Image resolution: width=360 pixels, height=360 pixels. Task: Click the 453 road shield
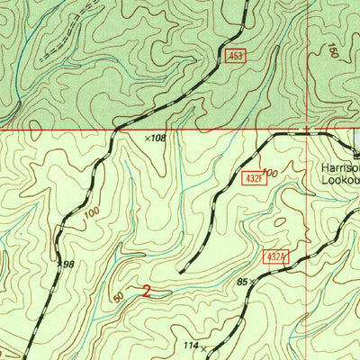(235, 56)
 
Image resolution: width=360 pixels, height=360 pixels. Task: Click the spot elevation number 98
(67, 264)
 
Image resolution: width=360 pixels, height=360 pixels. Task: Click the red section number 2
(146, 290)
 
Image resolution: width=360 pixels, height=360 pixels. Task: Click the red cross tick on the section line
(307, 130)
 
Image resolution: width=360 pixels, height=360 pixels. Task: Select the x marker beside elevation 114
(204, 346)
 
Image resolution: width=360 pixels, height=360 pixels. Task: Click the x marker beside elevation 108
(148, 139)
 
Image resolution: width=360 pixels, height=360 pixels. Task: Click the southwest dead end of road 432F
(181, 271)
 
